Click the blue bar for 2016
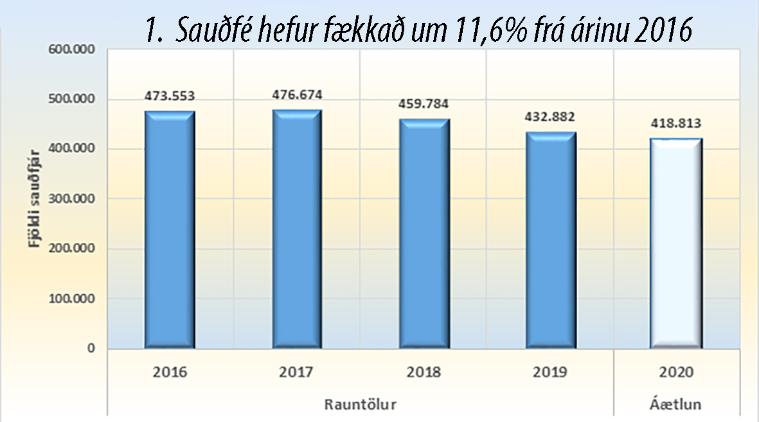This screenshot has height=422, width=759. click(170, 230)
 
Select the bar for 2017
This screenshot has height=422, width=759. click(296, 229)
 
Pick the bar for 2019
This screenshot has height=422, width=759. click(550, 240)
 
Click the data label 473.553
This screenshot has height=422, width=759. click(170, 96)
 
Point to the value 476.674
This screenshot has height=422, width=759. click(296, 95)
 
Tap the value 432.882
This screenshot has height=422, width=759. click(550, 117)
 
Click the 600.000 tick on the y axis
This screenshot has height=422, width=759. click(71, 50)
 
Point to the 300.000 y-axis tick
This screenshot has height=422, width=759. click(71, 199)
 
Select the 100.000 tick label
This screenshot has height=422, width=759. click(71, 299)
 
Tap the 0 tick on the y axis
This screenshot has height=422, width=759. click(91, 349)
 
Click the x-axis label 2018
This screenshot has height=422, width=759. click(423, 373)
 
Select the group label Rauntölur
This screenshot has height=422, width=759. click(360, 405)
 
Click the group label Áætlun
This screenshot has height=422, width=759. click(675, 405)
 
